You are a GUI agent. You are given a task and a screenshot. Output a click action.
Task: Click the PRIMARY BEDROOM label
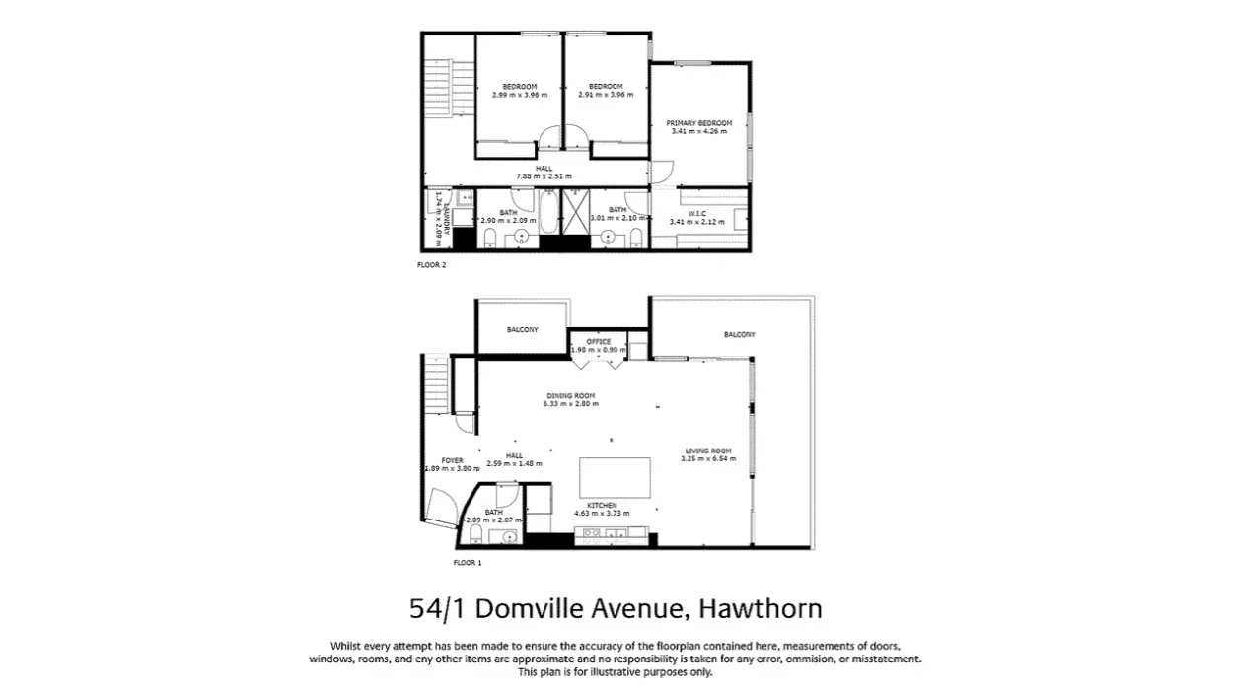[698, 123]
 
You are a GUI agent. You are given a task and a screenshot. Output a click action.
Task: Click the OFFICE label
[599, 342]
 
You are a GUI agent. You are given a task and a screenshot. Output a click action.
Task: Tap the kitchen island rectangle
[614, 477]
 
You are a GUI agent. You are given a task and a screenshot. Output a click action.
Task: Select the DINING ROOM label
[572, 395]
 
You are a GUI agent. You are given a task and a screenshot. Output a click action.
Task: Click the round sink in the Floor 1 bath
[509, 537]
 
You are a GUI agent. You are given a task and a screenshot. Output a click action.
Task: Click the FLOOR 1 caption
[467, 563]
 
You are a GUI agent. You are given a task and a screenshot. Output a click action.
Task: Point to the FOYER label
[452, 460]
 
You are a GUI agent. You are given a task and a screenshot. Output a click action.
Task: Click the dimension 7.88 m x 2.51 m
[544, 175]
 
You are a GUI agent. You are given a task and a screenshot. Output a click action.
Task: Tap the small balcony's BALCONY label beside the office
[522, 329]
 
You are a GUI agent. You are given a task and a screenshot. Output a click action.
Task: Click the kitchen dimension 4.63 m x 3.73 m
[602, 513]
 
